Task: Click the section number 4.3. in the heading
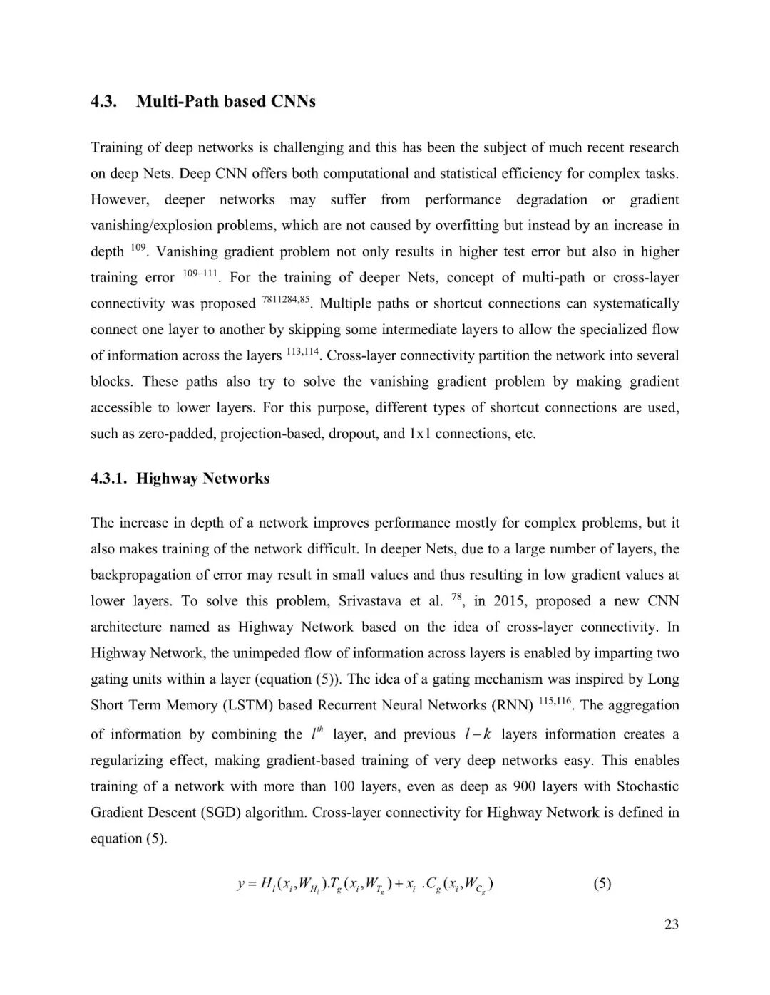coord(103,101)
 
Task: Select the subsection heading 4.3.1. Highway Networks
coord(180,478)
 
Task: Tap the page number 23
coord(671,924)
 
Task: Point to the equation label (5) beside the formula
coord(602,884)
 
